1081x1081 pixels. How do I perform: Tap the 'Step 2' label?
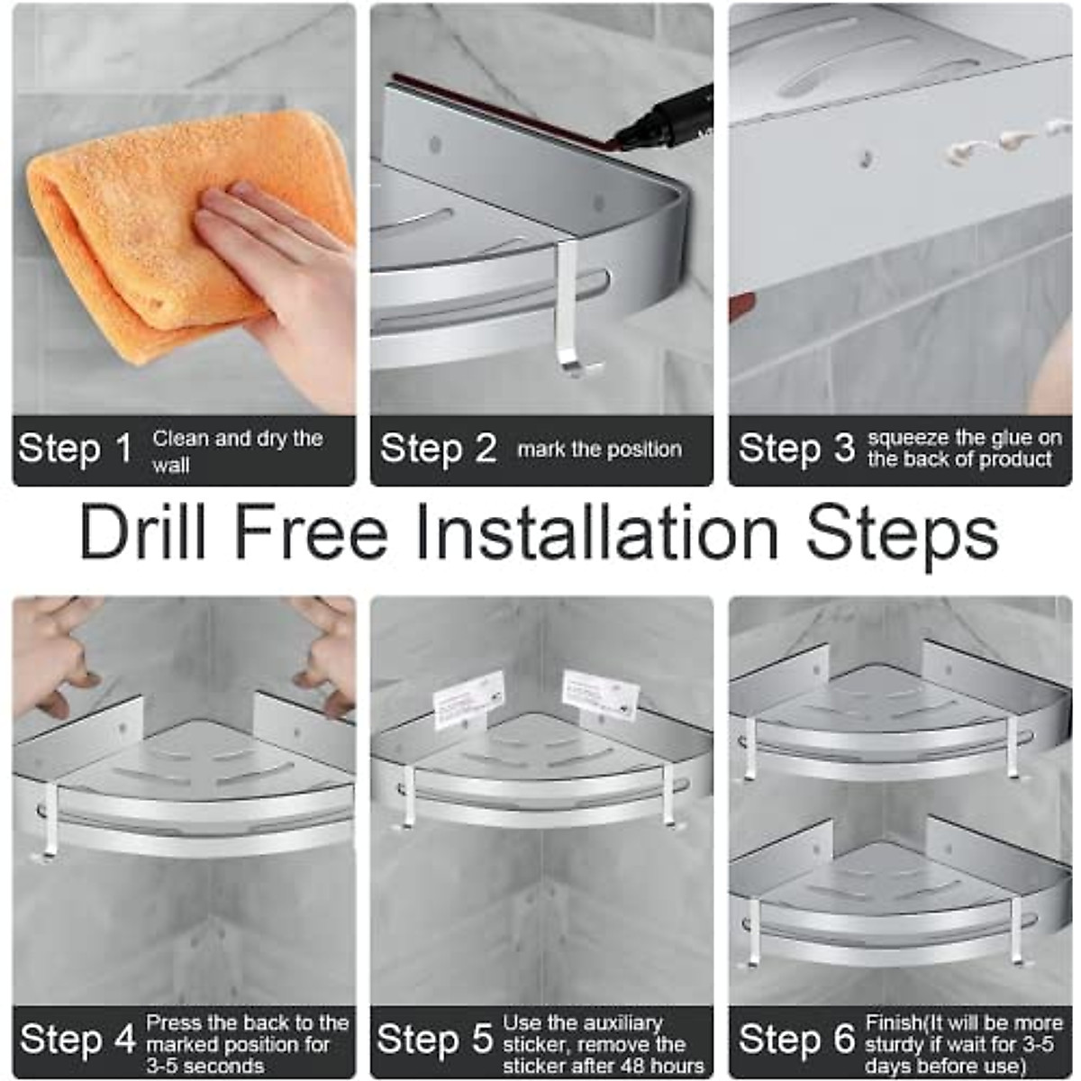pos(438,450)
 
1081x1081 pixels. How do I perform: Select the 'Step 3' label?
pos(795,450)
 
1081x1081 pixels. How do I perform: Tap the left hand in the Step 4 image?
pos(50,649)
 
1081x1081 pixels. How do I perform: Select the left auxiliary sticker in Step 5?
pos(468,699)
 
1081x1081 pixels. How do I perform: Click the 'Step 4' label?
pos(77,1040)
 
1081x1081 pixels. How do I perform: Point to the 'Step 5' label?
pos(435,1040)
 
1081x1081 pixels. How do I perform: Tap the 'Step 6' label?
pos(795,1040)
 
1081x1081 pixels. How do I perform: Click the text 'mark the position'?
pos(599,450)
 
